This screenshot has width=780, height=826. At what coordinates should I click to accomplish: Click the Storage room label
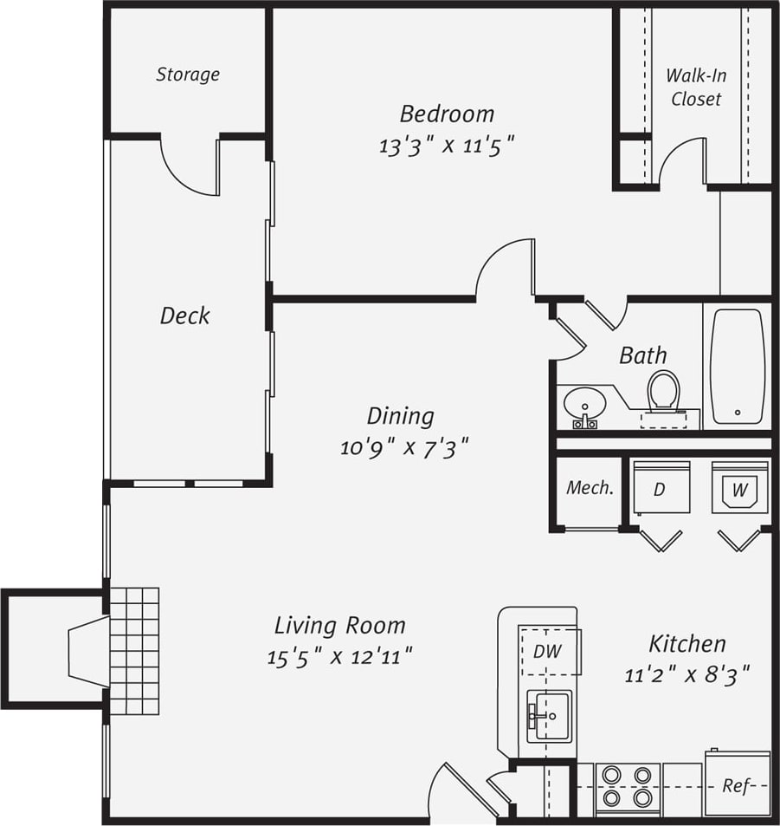(x=188, y=75)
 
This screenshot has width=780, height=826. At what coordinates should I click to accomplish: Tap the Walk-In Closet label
(x=696, y=87)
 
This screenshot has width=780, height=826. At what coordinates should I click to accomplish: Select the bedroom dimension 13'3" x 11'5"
(x=447, y=145)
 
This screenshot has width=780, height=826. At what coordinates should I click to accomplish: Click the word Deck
(x=184, y=315)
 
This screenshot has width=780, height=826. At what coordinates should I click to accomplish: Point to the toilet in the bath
(x=663, y=392)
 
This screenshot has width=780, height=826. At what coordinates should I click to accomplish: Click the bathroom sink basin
(x=584, y=404)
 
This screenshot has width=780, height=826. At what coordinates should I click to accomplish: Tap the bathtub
(x=737, y=366)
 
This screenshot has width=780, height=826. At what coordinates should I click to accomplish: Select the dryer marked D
(x=661, y=487)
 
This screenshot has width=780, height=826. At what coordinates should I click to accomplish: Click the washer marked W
(x=739, y=487)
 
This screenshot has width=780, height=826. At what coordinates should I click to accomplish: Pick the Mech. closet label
(x=590, y=488)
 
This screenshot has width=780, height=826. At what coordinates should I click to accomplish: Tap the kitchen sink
(x=549, y=716)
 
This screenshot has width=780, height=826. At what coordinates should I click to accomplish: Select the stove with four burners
(x=628, y=786)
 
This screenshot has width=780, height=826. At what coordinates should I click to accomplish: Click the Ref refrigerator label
(x=736, y=786)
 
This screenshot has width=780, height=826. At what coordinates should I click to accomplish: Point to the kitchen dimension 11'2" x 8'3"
(x=687, y=674)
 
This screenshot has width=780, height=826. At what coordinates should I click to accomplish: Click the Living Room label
(x=339, y=625)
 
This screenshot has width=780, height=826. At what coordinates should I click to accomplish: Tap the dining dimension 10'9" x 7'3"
(x=404, y=447)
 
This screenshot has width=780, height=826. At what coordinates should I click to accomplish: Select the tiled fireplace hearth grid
(x=134, y=651)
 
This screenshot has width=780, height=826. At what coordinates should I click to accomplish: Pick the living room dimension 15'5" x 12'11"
(x=339, y=656)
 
